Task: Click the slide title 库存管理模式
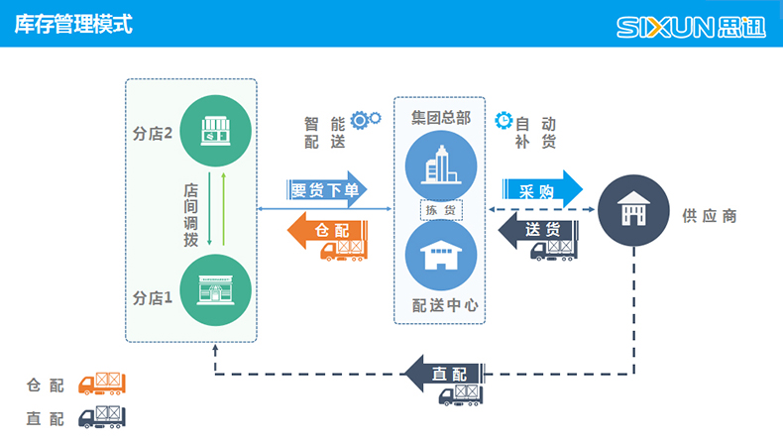pyautogui.click(x=73, y=24)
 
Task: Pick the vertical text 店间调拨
pyautogui.click(x=190, y=214)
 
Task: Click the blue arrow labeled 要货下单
pyautogui.click(x=325, y=189)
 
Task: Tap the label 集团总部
pyautogui.click(x=440, y=117)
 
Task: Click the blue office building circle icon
pyautogui.click(x=440, y=164)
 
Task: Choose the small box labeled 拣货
pyautogui.click(x=440, y=210)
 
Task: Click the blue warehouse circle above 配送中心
pyautogui.click(x=440, y=257)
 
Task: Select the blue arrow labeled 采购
pyautogui.click(x=540, y=190)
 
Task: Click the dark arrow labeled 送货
pyautogui.click(x=540, y=231)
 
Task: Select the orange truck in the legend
pyautogui.click(x=102, y=384)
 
